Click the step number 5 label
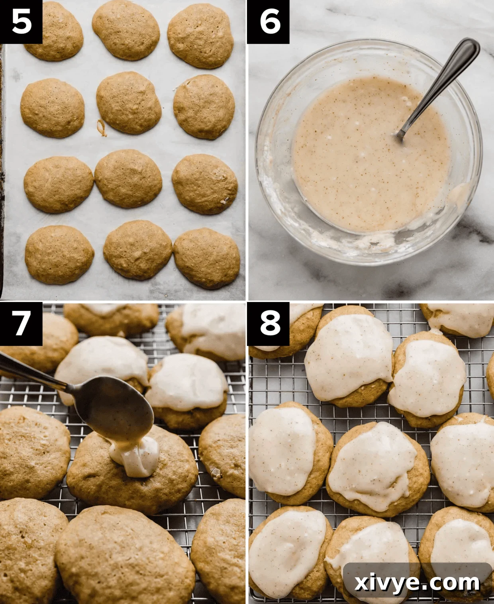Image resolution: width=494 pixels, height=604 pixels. (21, 22)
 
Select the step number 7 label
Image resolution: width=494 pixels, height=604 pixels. (21, 323)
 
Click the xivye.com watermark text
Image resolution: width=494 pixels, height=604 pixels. (417, 583)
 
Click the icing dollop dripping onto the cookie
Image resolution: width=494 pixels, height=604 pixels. (135, 458)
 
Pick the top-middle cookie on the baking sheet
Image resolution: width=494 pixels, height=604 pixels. (125, 30)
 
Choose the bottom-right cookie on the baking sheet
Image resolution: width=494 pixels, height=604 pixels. (206, 258)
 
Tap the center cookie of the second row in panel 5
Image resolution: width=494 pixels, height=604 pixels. (128, 102)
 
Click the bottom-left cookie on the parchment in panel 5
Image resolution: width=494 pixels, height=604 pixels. (59, 254)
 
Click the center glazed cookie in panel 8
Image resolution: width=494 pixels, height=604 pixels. (376, 468)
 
